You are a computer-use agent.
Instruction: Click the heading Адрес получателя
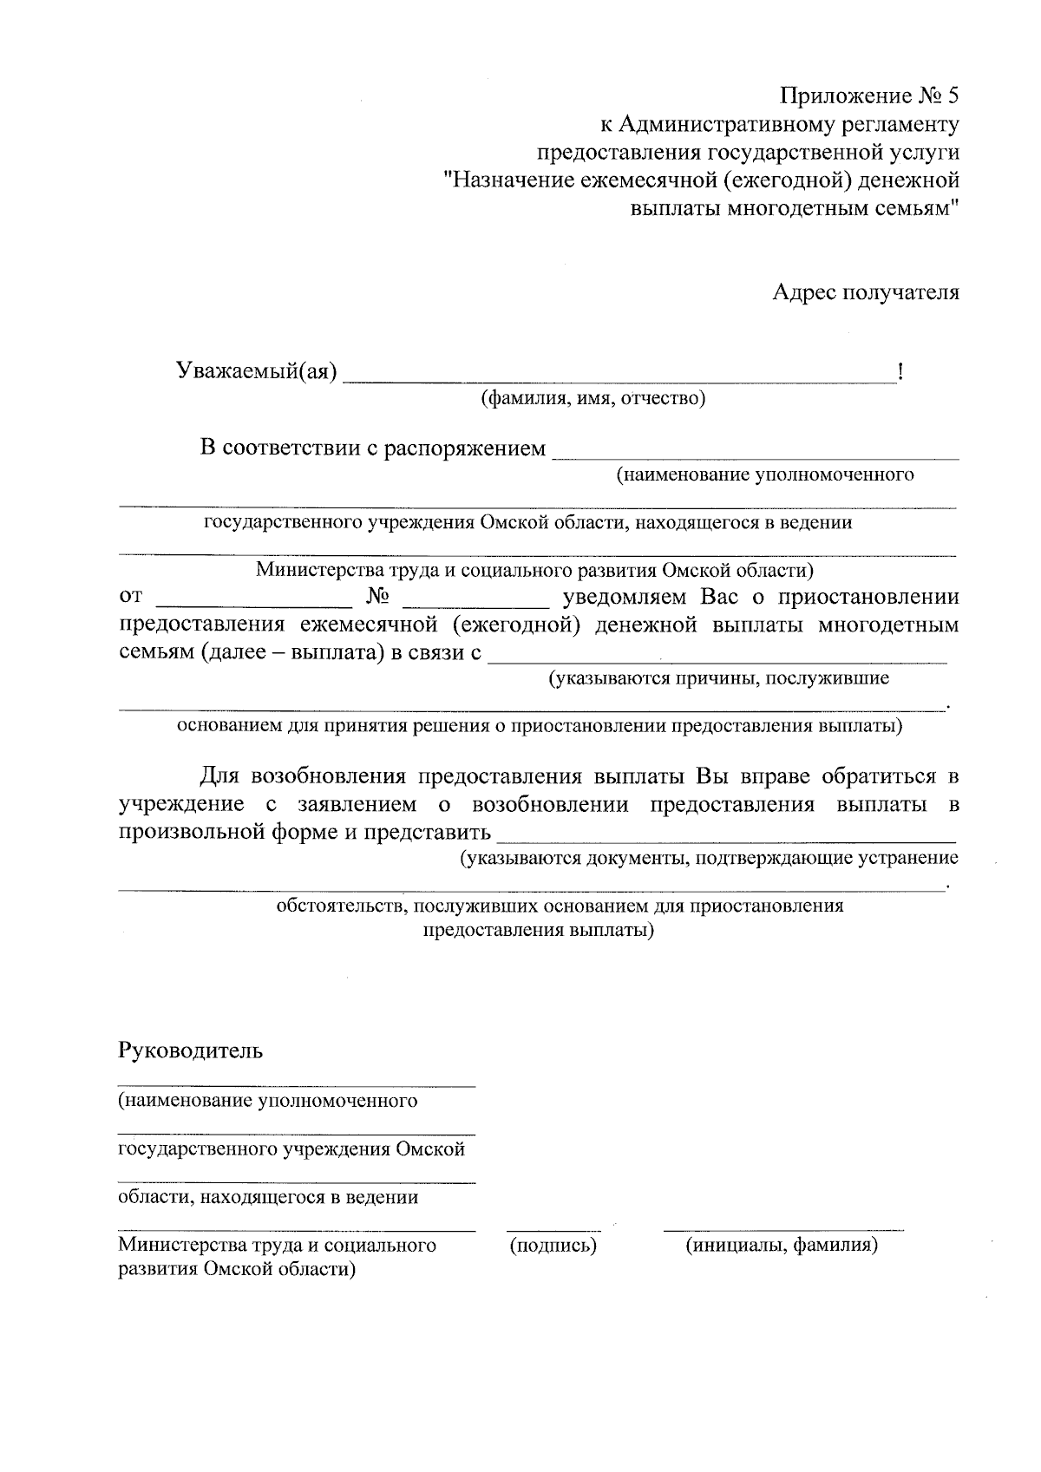click(x=866, y=292)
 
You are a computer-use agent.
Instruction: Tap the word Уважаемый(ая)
click(x=257, y=372)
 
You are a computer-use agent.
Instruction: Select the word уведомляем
click(x=625, y=598)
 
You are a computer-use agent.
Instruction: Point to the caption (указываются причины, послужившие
click(x=717, y=678)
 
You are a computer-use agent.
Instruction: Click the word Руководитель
click(x=190, y=1051)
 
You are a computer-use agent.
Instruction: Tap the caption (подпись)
click(x=553, y=1246)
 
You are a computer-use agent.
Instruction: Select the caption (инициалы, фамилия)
click(x=782, y=1246)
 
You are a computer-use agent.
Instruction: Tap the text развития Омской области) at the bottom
click(x=238, y=1270)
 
